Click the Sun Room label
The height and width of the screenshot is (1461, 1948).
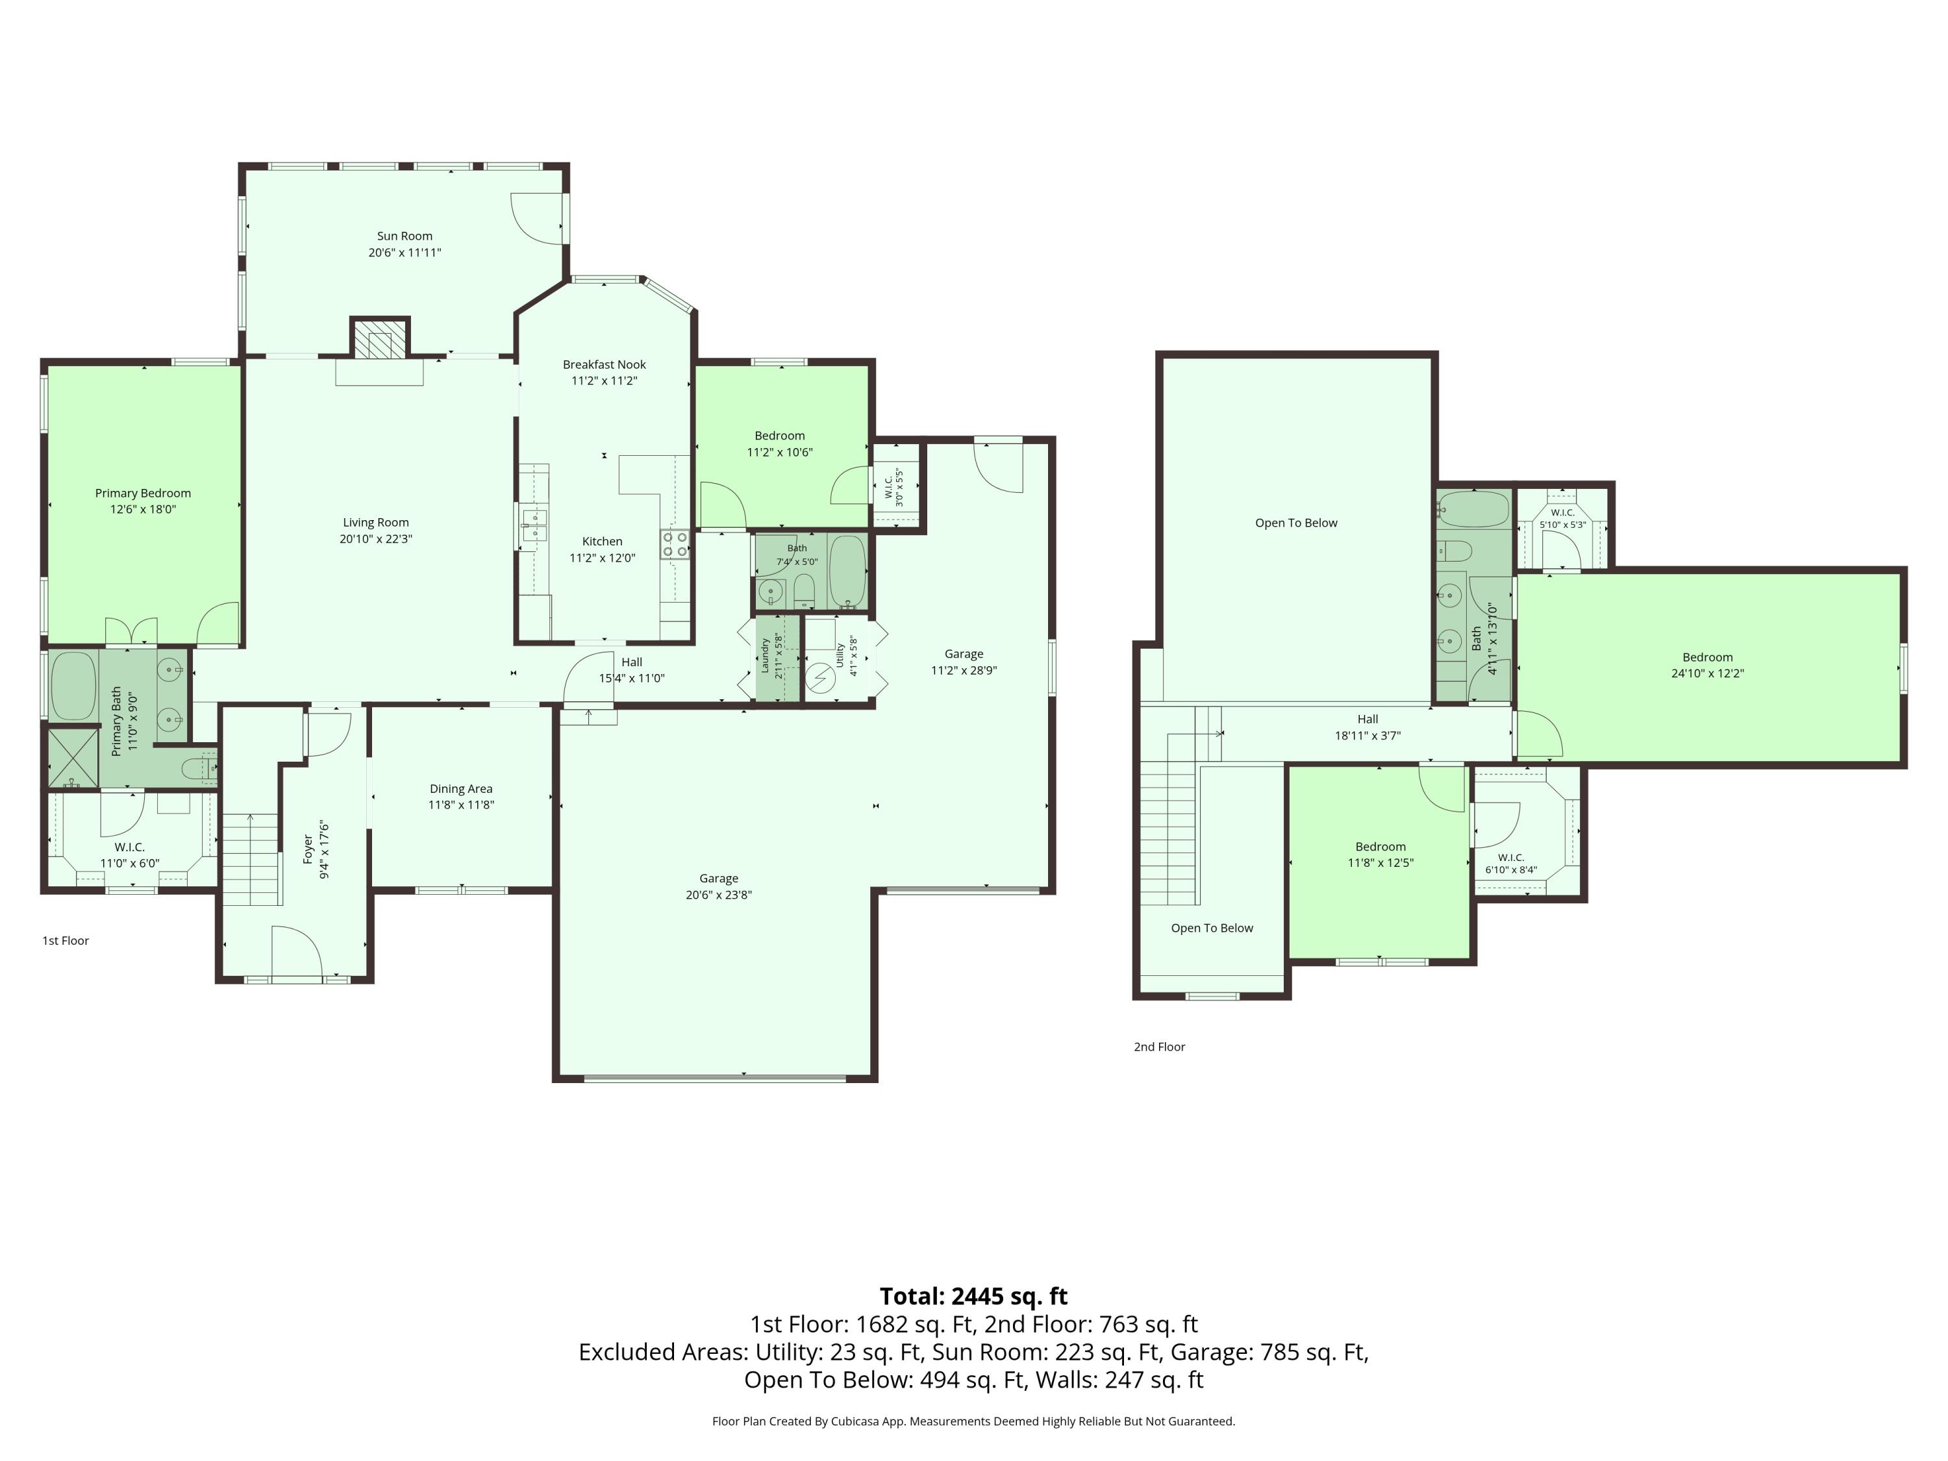(x=405, y=236)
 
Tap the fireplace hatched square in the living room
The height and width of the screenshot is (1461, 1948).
(x=381, y=337)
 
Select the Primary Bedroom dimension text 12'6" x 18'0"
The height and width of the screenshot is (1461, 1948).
(x=143, y=509)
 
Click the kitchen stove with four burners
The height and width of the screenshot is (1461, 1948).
(x=675, y=544)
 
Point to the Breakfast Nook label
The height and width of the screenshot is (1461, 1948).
(x=604, y=364)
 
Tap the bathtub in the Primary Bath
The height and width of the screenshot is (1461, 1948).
(x=73, y=685)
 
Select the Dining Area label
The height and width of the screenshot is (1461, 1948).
(x=460, y=789)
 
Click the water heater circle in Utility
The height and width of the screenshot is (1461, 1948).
(x=821, y=678)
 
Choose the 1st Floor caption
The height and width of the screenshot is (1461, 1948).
(x=66, y=940)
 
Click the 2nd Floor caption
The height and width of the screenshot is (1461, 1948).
(x=1159, y=1047)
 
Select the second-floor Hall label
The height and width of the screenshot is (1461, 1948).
(x=1367, y=719)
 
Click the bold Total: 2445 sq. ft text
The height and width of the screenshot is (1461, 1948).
(x=973, y=1296)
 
